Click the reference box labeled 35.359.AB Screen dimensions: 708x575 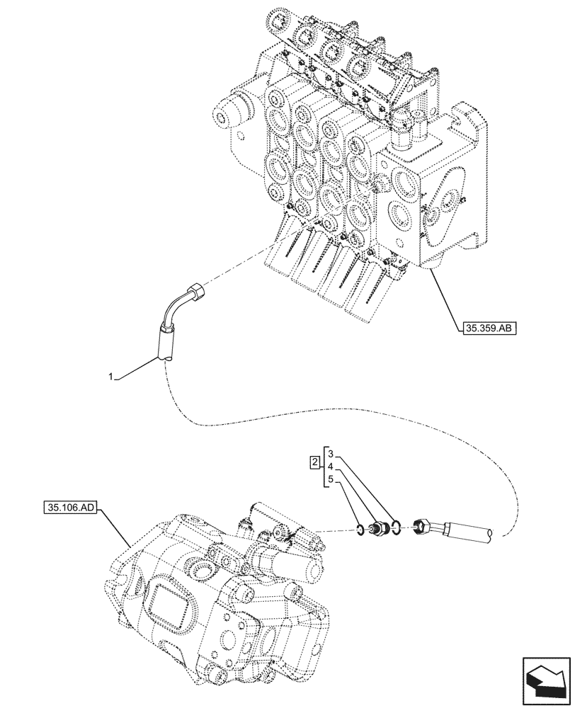coord(486,328)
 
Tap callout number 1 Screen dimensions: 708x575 coord(111,379)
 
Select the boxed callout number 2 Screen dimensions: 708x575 coord(314,463)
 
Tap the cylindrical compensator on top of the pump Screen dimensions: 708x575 coord(292,565)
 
